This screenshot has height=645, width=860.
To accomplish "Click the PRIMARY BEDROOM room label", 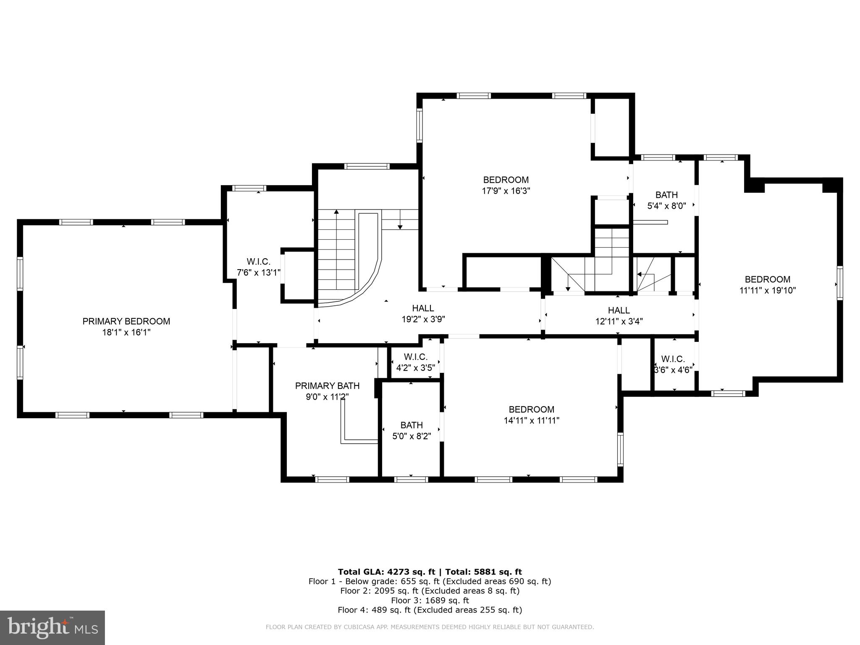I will tap(126, 321).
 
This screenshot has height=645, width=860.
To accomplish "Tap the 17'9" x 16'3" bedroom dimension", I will tap(506, 191).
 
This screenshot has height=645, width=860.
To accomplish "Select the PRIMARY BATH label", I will tap(327, 385).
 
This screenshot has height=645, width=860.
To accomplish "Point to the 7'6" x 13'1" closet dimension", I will tap(258, 273).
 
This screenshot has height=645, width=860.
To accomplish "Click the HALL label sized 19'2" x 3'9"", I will tap(423, 308).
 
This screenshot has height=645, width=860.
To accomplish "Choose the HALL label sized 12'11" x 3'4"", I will tap(619, 310).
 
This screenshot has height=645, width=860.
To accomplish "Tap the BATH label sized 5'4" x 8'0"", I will tap(666, 195).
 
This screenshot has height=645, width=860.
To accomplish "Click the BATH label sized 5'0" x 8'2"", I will tap(412, 425).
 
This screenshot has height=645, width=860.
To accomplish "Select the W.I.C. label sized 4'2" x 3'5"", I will tap(416, 357).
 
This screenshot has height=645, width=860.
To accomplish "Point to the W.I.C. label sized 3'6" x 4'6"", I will tap(673, 359).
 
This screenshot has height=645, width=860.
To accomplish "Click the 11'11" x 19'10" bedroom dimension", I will tap(767, 290).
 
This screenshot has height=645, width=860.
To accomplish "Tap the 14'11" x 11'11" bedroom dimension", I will tap(531, 420).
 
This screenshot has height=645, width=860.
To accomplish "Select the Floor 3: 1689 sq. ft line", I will tap(430, 600).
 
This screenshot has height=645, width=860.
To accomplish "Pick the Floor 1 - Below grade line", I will tap(430, 582).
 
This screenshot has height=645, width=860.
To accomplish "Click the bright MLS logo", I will tap(52, 628).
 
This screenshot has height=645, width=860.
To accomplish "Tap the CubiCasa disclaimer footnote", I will tap(430, 627).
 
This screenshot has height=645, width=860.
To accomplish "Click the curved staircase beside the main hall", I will tap(351, 260).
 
